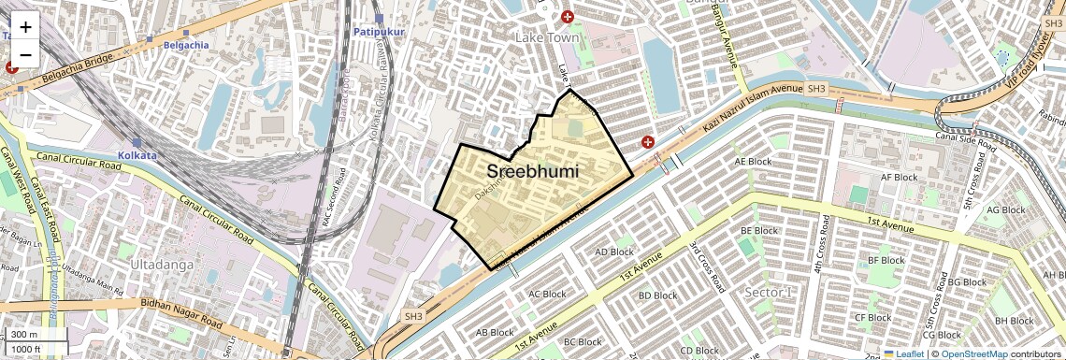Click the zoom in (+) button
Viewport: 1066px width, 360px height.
pos(25,26)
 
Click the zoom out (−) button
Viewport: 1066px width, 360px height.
pos(25,54)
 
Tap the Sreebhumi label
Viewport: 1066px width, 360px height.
pos(532,172)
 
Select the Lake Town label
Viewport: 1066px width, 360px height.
pos(547,37)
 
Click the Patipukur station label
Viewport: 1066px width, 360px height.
pos(377,32)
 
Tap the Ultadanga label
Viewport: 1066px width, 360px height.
pos(164,265)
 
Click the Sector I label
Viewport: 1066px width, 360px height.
pos(769,292)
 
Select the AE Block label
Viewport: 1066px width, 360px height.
pos(754,161)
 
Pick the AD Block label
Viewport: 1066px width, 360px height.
pos(614,252)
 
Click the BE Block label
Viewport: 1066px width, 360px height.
pos(759,230)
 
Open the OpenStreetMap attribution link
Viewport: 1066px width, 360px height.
pos(973,354)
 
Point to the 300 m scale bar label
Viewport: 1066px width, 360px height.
pos(25,335)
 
